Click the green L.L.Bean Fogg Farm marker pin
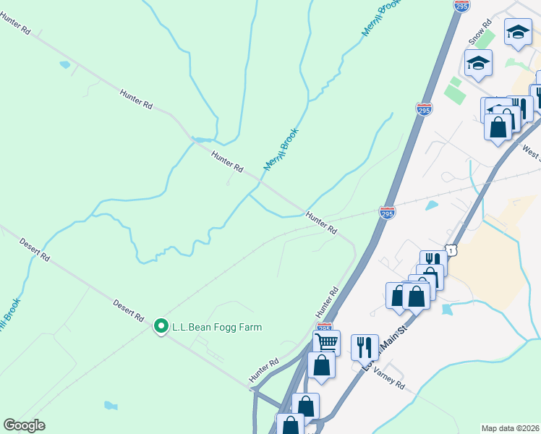coord(161,327)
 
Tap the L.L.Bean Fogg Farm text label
coord(216,327)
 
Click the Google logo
coord(25,425)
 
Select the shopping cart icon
coord(327,341)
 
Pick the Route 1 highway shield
coord(452,249)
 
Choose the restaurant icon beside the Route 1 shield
coord(433,261)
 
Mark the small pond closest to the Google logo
coord(110,404)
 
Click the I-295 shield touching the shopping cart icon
coord(325,328)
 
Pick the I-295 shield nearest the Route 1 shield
coord(387,213)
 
